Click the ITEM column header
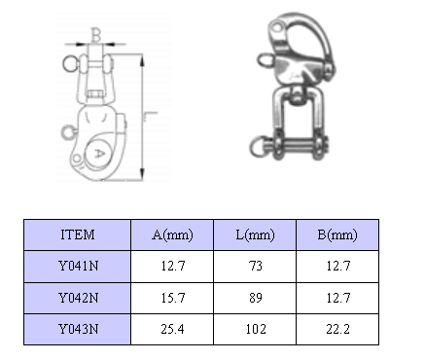pos(78,234)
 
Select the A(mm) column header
pos(172,234)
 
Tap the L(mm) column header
pos(255,234)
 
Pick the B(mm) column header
pos(337,234)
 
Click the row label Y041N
pos(78,266)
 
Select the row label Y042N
pos(78,298)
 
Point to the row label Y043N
pos(78,329)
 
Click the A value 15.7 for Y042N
pos(173,298)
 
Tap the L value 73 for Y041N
pos(256,266)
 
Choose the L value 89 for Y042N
pos(256,298)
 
